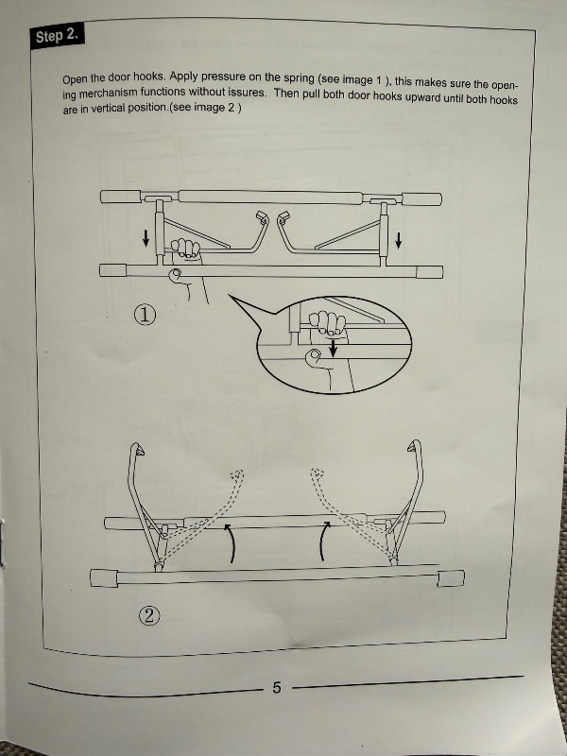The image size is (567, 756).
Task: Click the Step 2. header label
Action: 58,37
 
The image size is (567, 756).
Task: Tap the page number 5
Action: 277,687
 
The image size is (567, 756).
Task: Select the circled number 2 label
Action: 148,615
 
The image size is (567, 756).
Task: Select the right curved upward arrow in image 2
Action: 323,543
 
